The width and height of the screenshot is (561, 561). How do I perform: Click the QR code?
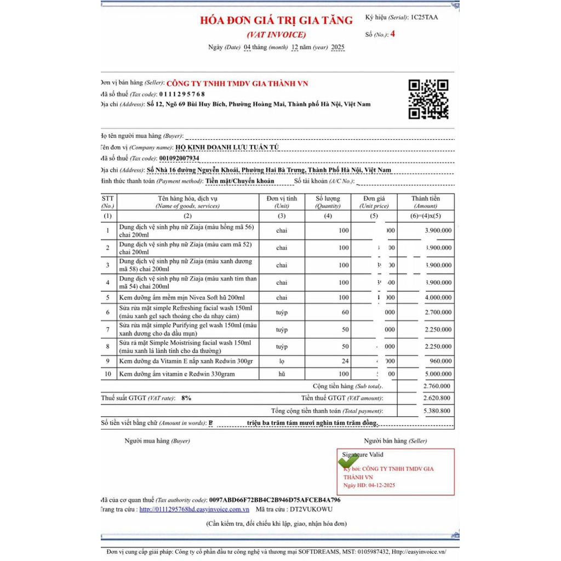428,99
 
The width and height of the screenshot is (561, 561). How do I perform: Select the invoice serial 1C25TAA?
424,17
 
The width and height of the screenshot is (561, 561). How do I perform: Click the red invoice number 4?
392,34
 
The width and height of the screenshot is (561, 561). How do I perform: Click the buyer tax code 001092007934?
179,158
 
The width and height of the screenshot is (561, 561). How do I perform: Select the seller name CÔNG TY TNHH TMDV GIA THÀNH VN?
237,83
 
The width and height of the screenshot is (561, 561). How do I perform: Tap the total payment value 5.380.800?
437,410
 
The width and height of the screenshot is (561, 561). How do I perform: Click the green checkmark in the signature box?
348,461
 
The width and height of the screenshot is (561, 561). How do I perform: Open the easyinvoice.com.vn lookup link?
194,509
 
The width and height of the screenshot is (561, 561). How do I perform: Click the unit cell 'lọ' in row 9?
282,362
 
